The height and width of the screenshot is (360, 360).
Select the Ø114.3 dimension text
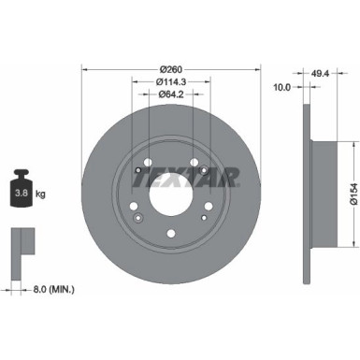click(169, 81)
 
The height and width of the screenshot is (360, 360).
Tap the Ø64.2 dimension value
click(169, 94)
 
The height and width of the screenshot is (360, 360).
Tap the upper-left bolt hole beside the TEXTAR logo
click(140, 169)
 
